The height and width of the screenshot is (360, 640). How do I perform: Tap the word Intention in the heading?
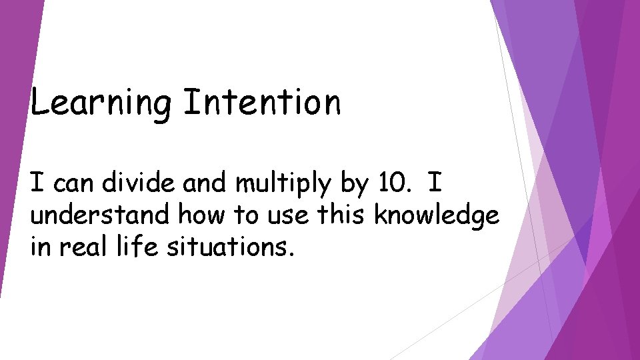click(x=262, y=103)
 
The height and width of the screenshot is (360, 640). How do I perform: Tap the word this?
click(x=335, y=215)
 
